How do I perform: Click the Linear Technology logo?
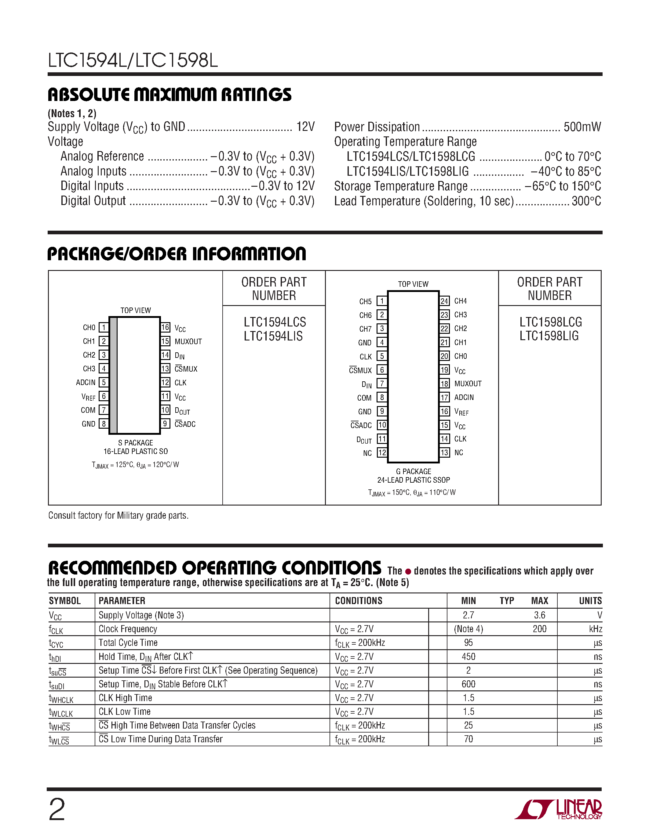coord(558,809)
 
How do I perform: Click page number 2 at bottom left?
coord(57,810)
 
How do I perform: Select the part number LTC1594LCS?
coord(275,322)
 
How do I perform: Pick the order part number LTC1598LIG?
coord(549,336)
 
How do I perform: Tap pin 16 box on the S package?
coord(165,327)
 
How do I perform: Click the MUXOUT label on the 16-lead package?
coord(188,341)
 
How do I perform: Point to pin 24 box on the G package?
coord(444,301)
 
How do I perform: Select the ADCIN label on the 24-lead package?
coord(464,398)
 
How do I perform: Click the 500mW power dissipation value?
coord(582,127)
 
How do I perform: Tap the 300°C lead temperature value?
coord(586,201)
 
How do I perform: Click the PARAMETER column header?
coord(122,601)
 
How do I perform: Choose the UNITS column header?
coord(590,601)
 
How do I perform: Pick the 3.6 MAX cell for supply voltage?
coord(539,615)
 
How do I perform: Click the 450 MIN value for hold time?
coord(468,657)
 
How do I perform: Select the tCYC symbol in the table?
coord(56,643)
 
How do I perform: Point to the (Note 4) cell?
coord(468,629)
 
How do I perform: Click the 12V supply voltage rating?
coord(305,127)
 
